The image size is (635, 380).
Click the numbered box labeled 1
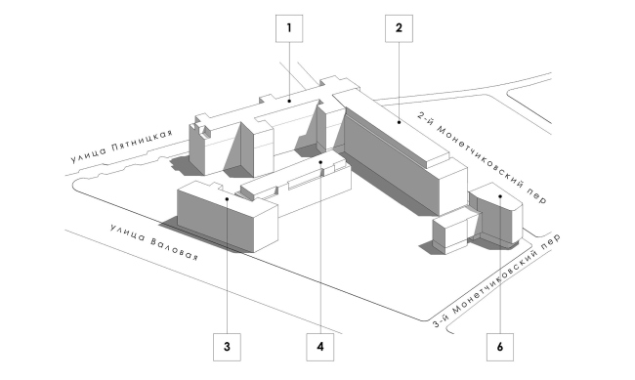[289, 29]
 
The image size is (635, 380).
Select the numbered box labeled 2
[399, 29]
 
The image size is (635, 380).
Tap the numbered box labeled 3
[226, 345]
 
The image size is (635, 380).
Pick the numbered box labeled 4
[319, 345]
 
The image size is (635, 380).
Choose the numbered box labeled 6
[500, 345]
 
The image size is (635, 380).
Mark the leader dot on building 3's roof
[226, 199]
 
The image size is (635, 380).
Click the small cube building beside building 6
[449, 234]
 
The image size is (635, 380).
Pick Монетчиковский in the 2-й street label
[488, 156]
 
